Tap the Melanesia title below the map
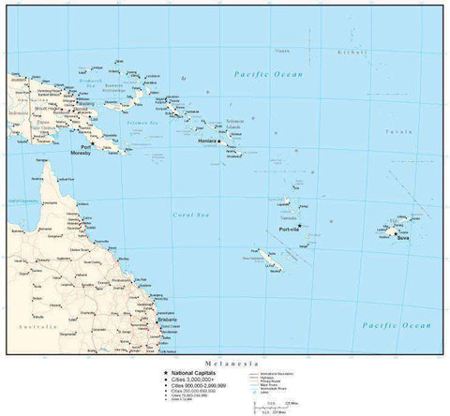click(x=224, y=360)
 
